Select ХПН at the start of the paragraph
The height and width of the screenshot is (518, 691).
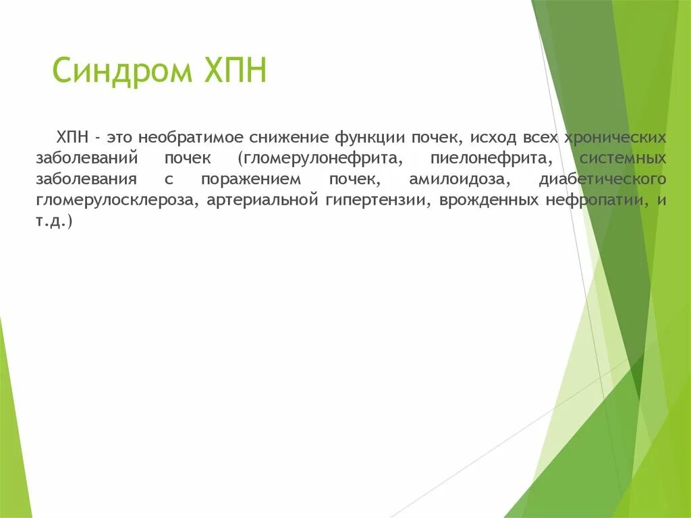point(73,138)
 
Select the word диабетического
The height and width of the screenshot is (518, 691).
point(603,180)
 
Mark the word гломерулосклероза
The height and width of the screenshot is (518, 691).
point(117,201)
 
